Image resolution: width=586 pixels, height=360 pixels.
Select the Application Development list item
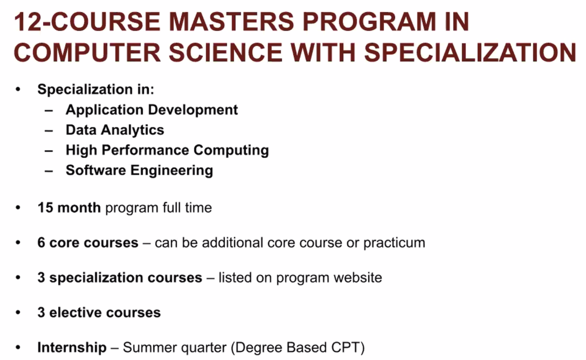[x=152, y=110]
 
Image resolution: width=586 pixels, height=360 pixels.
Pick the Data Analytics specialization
[x=115, y=130]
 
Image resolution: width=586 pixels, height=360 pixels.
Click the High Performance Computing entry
[x=167, y=150]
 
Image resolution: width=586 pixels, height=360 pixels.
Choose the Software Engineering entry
[x=140, y=170]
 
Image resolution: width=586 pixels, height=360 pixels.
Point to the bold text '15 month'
[x=69, y=208]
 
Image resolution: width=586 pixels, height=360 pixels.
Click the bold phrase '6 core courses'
[x=88, y=243]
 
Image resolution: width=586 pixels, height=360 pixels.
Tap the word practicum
[x=394, y=243]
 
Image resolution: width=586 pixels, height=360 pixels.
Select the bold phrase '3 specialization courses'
[x=120, y=278]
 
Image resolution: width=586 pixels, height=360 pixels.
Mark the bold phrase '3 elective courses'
[x=99, y=313]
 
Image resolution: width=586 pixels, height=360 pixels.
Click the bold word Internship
[x=72, y=348]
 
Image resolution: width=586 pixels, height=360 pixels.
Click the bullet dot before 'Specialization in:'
[x=18, y=89]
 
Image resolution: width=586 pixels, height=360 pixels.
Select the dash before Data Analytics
[x=49, y=131]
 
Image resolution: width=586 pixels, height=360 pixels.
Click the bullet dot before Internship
[x=18, y=348]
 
